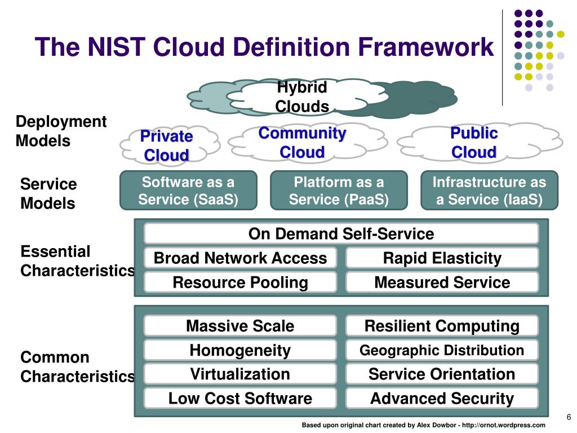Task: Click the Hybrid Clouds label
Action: [302, 97]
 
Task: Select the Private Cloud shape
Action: [170, 145]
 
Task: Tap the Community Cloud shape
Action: [308, 142]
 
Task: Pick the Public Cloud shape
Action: [480, 143]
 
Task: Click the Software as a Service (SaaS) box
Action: [188, 191]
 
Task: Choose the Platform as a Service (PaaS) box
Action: [339, 191]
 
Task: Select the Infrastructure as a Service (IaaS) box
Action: [490, 191]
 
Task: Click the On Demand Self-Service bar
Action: [341, 233]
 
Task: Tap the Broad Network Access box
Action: [240, 258]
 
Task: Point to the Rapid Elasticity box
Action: [442, 258]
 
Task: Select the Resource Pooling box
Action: [240, 282]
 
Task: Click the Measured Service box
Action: [442, 282]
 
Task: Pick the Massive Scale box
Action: [240, 325]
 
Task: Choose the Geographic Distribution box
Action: [442, 350]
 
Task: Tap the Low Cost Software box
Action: [240, 398]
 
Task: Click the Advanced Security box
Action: [442, 398]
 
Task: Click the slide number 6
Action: [569, 417]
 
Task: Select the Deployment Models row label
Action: [61, 131]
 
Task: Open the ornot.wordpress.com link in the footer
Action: [504, 425]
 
